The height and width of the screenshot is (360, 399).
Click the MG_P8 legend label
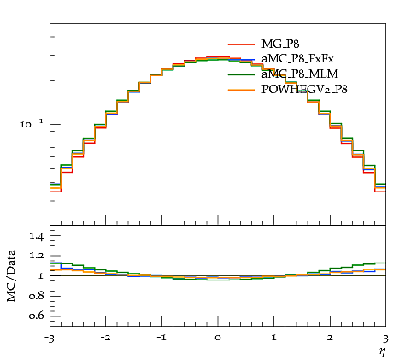point(280,44)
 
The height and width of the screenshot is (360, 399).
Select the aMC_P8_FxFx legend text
point(297,59)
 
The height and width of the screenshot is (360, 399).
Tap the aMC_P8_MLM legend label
point(300,74)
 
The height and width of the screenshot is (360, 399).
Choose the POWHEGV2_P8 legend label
point(304,90)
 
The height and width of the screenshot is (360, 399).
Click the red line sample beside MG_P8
point(242,44)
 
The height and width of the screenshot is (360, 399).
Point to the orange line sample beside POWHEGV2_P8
point(242,90)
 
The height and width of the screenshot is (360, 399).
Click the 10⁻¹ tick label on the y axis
point(32,124)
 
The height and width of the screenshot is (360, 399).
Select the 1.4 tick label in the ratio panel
point(37,236)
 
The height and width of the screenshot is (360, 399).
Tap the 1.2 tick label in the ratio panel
point(37,256)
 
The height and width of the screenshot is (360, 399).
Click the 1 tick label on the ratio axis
point(40,276)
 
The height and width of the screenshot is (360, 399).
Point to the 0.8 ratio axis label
point(37,296)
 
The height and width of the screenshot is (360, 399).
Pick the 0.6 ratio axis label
point(37,316)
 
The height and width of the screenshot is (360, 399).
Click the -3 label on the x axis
point(49,339)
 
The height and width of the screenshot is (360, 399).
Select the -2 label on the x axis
point(105,338)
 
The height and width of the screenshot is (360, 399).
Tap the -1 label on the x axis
point(161,338)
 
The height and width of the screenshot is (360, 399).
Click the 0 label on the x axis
point(218,338)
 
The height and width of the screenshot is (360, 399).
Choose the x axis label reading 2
point(330,338)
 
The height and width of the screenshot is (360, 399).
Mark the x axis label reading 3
point(385,339)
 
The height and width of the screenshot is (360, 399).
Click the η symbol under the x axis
point(383,351)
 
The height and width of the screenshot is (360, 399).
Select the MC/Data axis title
point(11,276)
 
